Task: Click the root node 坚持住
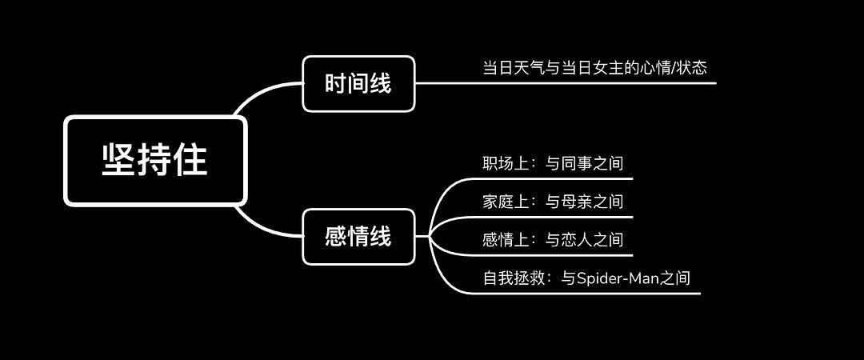(155, 160)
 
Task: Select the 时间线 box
(358, 83)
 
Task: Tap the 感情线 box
(358, 237)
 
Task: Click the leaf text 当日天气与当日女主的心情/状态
(594, 67)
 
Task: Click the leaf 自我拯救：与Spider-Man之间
(586, 278)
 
